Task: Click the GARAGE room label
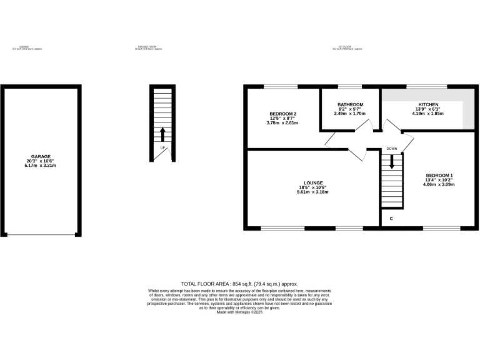41,156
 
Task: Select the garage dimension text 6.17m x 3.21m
41,165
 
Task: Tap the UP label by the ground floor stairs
162,147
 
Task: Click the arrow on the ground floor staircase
162,134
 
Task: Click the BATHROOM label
350,104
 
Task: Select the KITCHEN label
428,104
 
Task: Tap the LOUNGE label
312,182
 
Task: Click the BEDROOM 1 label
439,175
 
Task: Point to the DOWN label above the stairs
392,149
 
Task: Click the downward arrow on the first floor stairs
392,162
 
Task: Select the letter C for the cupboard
391,219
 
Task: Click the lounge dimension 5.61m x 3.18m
312,192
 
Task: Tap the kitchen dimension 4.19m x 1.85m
428,114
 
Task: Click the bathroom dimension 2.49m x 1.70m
350,114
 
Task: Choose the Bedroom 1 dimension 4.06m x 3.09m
439,184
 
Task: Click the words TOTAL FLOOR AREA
205,284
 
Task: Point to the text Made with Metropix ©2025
239,312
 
